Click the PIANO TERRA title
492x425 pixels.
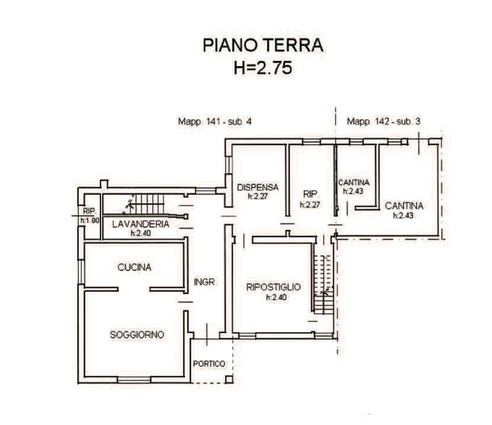(263, 45)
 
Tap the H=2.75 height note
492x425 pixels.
(263, 68)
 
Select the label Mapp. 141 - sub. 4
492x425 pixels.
(214, 122)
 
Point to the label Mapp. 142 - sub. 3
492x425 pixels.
(383, 122)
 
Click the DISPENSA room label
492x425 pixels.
(258, 187)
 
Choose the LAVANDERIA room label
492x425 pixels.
(141, 224)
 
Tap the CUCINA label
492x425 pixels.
(134, 268)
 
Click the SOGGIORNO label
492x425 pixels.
(137, 335)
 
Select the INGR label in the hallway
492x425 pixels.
(204, 282)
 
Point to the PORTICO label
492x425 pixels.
(209, 364)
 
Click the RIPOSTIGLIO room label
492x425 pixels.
(273, 287)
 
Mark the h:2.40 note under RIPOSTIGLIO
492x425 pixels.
(277, 297)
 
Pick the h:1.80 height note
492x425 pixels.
(90, 220)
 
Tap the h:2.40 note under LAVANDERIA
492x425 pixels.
(141, 233)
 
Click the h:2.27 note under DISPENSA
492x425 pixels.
(258, 197)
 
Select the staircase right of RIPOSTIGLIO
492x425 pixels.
(323, 284)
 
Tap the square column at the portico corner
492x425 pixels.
(229, 379)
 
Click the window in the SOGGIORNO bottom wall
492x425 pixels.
(134, 380)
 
